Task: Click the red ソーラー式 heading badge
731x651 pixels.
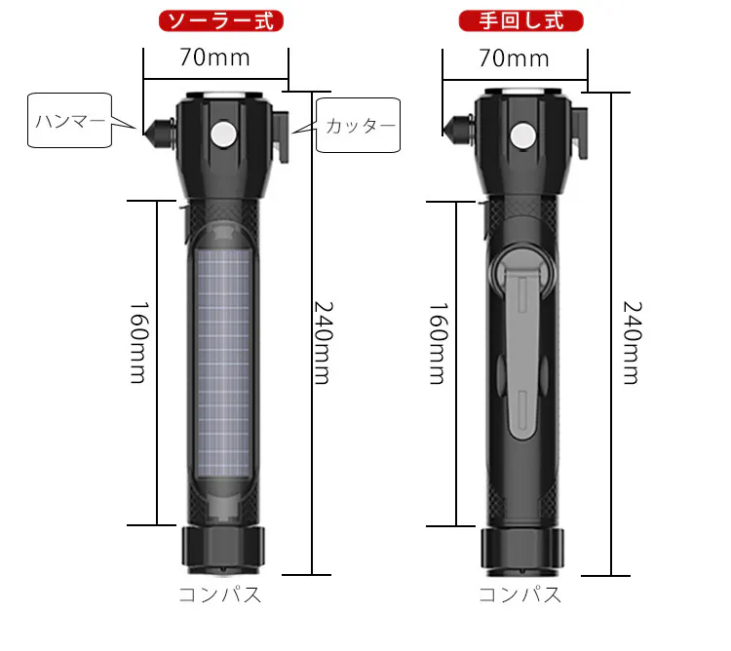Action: [x=221, y=21]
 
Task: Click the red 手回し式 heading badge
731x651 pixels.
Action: [x=521, y=21]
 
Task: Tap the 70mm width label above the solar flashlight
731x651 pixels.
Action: [x=215, y=57]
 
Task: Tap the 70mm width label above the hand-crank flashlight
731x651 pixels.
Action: [x=515, y=58]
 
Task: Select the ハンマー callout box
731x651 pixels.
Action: [x=69, y=121]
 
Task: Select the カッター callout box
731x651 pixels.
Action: [x=358, y=125]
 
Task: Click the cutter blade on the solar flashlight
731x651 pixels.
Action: [x=282, y=136]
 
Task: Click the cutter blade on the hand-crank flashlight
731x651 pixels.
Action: [x=580, y=134]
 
